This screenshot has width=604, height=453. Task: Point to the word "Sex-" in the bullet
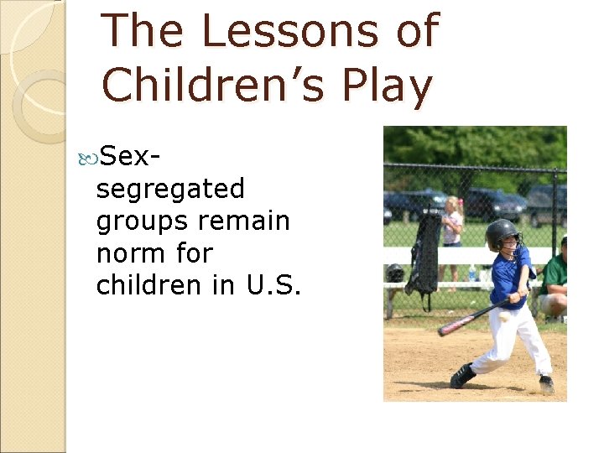point(130,155)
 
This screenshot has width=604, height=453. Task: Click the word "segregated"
point(170,190)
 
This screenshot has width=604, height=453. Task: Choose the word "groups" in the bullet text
point(143,221)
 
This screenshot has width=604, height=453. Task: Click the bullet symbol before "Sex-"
point(91,156)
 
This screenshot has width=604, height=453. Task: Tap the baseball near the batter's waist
point(504,316)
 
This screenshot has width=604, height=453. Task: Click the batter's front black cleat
point(462,376)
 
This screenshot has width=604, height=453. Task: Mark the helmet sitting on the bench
point(395,273)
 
